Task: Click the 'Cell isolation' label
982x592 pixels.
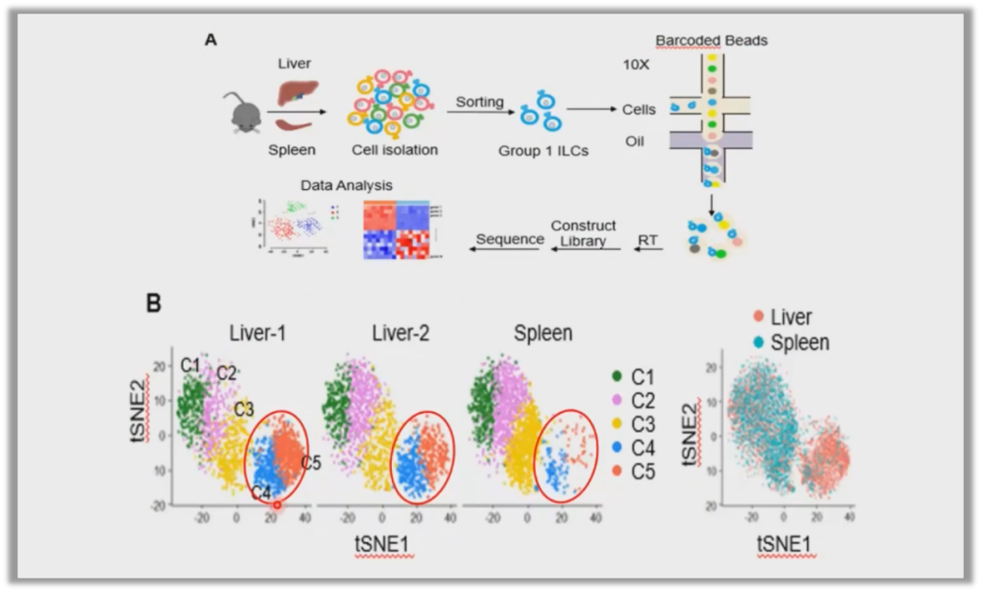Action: coord(395,149)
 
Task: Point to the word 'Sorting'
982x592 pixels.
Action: coord(479,101)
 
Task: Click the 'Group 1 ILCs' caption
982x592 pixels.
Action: coord(543,151)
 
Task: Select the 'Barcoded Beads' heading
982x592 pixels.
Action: coord(711,40)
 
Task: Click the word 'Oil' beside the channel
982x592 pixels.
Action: coord(634,141)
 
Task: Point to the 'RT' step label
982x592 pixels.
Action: coord(648,240)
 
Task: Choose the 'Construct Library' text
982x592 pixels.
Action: coord(583,233)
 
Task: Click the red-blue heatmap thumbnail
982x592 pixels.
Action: coord(396,230)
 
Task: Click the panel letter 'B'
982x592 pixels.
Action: coord(154,303)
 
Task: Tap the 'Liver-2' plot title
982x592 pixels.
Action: coord(400,334)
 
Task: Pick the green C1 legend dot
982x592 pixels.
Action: coord(617,376)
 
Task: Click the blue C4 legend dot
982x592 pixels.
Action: coord(617,447)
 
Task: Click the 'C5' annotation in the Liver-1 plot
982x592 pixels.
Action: coord(312,463)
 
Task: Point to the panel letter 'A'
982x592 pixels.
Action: coord(211,40)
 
